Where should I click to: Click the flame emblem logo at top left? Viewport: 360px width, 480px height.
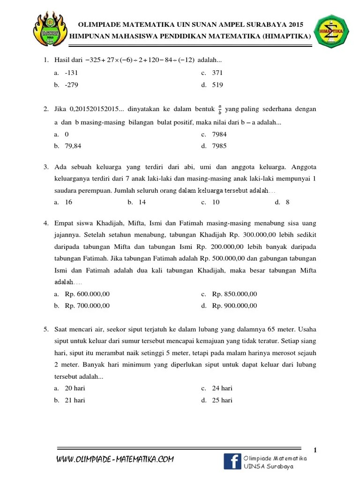tap(50, 32)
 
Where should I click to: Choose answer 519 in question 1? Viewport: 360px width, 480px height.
tap(217, 85)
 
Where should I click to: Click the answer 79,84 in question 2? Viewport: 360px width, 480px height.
tap(73, 146)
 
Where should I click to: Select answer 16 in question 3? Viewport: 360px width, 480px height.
tap(68, 202)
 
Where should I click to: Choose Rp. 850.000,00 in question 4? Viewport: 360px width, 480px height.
tap(234, 294)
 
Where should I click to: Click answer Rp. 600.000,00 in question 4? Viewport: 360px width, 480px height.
tap(87, 294)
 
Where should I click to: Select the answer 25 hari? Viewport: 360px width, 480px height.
tap(222, 400)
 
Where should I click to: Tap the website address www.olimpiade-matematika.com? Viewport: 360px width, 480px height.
tap(115, 459)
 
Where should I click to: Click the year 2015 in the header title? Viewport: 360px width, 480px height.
tap(295, 24)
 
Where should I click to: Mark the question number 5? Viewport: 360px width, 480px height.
tap(46, 329)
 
